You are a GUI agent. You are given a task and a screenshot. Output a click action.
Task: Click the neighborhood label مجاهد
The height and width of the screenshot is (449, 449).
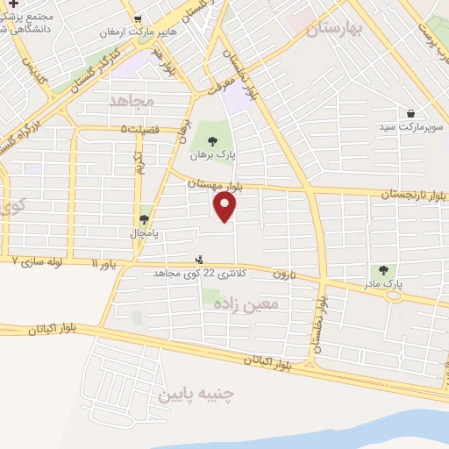(x=132, y=101)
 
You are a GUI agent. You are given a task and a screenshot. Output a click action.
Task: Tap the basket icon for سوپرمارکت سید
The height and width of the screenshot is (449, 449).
(x=410, y=113)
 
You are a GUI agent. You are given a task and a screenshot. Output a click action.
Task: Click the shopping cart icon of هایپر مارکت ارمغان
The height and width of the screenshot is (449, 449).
(x=138, y=18)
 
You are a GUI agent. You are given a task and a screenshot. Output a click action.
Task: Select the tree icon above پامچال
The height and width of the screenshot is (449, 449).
(x=144, y=219)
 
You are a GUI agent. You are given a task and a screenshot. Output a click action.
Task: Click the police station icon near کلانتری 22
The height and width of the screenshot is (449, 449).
(x=200, y=260)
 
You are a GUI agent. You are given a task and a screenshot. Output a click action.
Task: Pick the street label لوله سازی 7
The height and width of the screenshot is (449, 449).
(x=40, y=261)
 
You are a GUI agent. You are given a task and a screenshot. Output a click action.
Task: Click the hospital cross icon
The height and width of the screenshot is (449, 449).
(x=13, y=4)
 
